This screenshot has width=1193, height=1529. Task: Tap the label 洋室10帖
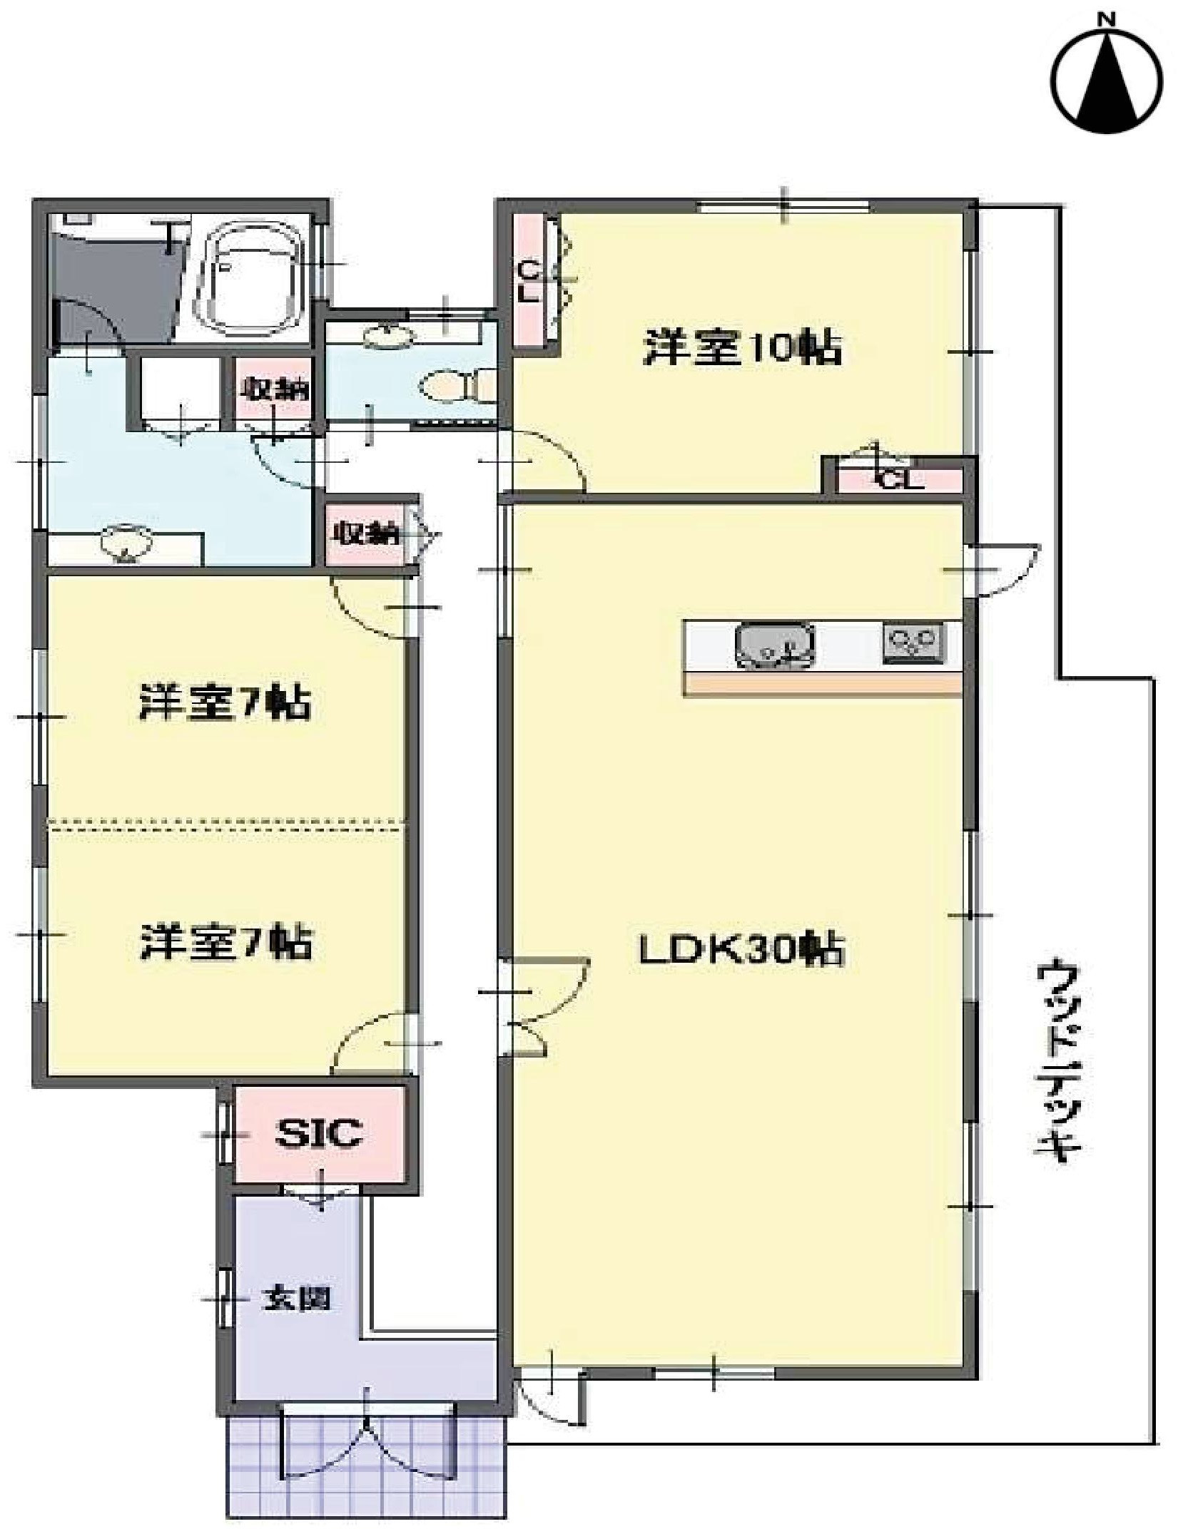tap(742, 348)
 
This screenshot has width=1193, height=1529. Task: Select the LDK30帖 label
tap(742, 950)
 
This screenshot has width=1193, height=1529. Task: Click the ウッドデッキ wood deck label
tap(1057, 1063)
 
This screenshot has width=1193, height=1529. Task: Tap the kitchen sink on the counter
tap(776, 647)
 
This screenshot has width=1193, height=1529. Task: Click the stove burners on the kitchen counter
tap(913, 642)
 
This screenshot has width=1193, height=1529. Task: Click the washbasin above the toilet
tap(389, 334)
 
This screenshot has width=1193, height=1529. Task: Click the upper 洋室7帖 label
tap(225, 702)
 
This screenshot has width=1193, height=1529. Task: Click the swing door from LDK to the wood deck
tap(1002, 571)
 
